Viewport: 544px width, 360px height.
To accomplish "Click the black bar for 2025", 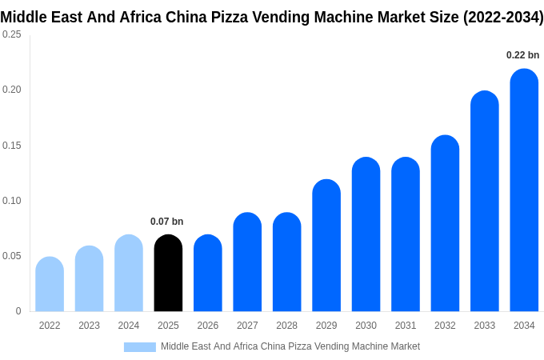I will coord(168,274).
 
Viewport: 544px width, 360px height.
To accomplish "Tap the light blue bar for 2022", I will coord(50,285).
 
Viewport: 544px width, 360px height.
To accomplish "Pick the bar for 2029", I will coord(326,246).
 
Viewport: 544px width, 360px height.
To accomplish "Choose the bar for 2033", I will coord(485,202).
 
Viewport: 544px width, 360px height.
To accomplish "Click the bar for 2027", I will coord(247,262).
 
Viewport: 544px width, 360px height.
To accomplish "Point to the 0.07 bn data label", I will coord(166,222).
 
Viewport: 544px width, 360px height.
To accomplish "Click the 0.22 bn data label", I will coord(522,55).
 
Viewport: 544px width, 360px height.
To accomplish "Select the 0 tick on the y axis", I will coord(18,311).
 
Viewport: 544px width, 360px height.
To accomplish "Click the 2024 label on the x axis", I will coord(129,326).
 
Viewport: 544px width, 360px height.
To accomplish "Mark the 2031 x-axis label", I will coord(406,326).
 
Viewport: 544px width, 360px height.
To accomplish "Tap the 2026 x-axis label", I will coord(208,326).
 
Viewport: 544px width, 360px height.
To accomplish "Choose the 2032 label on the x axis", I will coord(445,326).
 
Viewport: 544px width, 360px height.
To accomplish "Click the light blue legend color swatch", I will coord(140,347).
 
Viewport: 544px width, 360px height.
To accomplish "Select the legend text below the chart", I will coord(290,346).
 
